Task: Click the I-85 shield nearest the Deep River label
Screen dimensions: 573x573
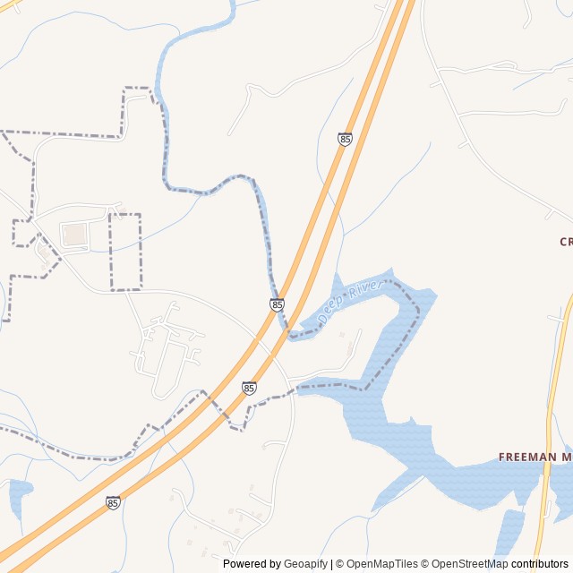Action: [x=277, y=304]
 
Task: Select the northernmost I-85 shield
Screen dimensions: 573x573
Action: [x=345, y=139]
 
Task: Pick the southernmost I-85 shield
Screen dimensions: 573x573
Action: [x=113, y=502]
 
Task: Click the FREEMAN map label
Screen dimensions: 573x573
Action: [x=526, y=458]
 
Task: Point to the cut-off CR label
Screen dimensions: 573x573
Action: [x=566, y=242]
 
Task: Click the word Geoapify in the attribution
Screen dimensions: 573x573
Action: [x=306, y=564]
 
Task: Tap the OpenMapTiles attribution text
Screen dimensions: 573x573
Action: [x=381, y=564]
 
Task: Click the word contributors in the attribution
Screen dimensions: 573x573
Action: [x=540, y=564]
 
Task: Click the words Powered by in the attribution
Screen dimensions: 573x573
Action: [x=252, y=564]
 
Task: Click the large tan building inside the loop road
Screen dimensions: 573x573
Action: [x=74, y=235]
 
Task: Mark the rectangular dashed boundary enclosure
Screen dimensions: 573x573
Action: [x=124, y=252]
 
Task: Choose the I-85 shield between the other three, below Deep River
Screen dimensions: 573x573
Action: [x=249, y=388]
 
